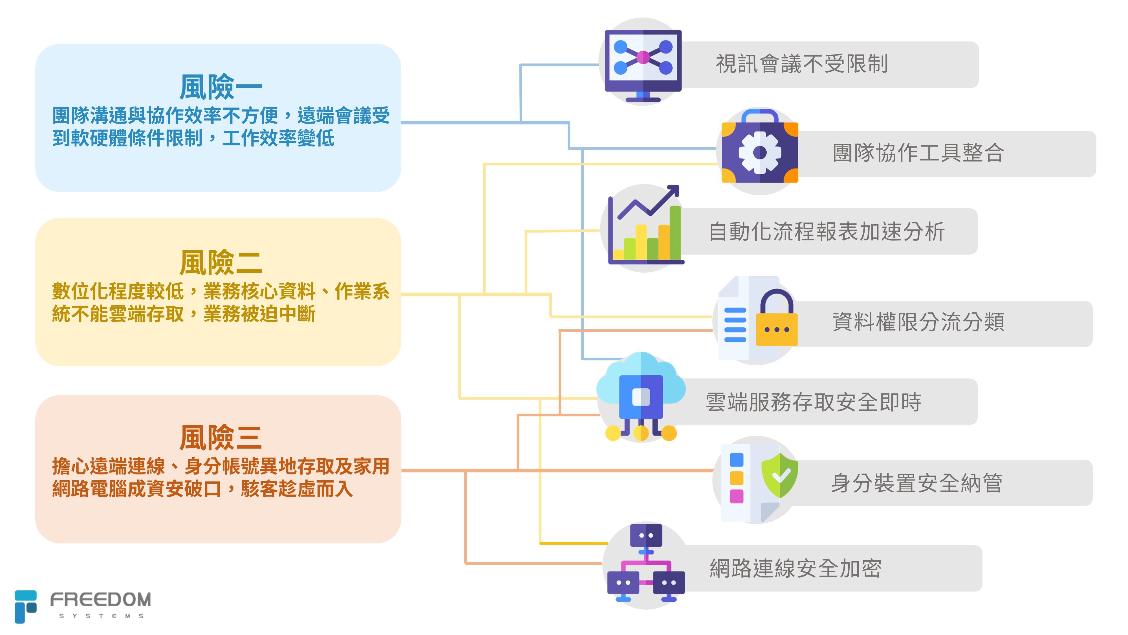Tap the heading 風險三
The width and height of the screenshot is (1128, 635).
(x=220, y=437)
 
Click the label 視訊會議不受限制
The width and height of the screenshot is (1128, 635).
(x=801, y=64)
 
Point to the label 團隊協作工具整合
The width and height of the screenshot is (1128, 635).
(x=918, y=153)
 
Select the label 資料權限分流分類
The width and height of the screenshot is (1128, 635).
(x=918, y=322)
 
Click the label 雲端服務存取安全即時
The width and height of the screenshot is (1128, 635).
(x=813, y=402)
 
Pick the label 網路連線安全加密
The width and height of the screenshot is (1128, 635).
(x=795, y=568)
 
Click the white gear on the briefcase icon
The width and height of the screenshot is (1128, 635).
(x=760, y=152)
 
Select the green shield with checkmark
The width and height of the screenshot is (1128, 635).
(x=779, y=476)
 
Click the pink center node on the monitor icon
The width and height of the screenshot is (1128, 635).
(x=643, y=57)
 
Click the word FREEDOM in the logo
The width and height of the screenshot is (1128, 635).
(x=101, y=599)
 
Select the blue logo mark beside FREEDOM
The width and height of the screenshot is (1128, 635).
(x=25, y=606)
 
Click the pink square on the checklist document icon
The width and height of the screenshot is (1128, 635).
(x=737, y=496)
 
